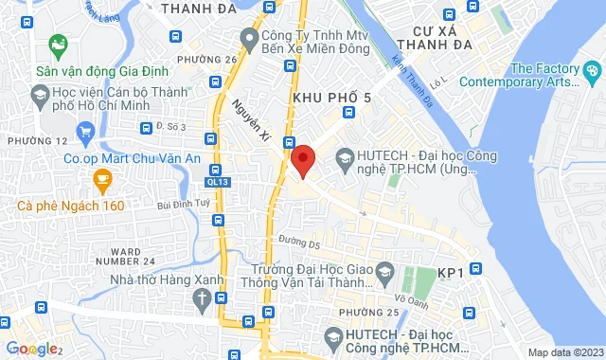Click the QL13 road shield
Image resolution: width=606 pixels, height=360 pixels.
coord(217,180)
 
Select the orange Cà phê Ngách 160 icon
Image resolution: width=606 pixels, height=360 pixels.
coord(100,177)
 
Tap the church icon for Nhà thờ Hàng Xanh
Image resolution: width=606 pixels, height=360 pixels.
coord(202,297)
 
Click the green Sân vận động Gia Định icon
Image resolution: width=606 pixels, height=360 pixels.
coord(58,44)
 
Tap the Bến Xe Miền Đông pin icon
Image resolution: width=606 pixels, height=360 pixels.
coord(249,39)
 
